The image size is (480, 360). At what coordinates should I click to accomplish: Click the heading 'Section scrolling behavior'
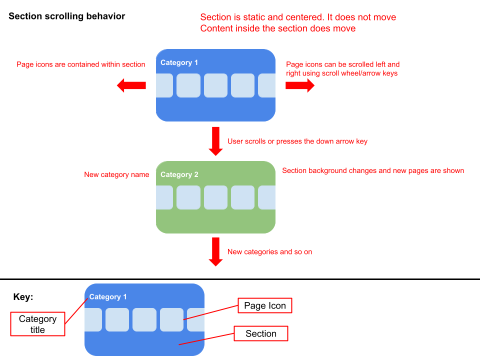67,16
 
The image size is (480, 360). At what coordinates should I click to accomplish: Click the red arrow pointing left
131,85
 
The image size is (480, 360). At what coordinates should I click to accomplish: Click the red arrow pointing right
300,85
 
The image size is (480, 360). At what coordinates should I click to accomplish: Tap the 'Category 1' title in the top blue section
179,62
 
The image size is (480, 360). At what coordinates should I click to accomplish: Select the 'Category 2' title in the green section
179,174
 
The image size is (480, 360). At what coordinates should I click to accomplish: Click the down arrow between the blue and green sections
216,141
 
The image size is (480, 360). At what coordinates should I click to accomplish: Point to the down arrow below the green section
216,251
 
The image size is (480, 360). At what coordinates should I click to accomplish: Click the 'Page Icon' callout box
264,306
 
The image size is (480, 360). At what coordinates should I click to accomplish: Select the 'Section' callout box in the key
261,333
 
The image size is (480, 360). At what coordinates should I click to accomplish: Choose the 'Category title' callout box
37,324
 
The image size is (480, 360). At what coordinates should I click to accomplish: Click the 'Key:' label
23,297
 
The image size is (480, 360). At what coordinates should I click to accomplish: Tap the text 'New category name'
116,174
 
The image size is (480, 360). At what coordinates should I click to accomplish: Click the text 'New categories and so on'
269,252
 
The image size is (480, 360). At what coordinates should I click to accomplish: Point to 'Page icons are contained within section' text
81,64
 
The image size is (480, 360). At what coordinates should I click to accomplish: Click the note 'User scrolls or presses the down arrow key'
297,141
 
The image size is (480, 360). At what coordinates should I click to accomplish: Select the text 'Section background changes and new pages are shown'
373,171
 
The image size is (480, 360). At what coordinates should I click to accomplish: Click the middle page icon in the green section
215,197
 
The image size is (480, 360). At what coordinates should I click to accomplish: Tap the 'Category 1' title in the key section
108,297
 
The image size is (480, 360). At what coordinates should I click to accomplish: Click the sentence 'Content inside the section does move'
278,28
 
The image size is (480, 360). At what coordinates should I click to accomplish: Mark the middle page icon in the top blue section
215,85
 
